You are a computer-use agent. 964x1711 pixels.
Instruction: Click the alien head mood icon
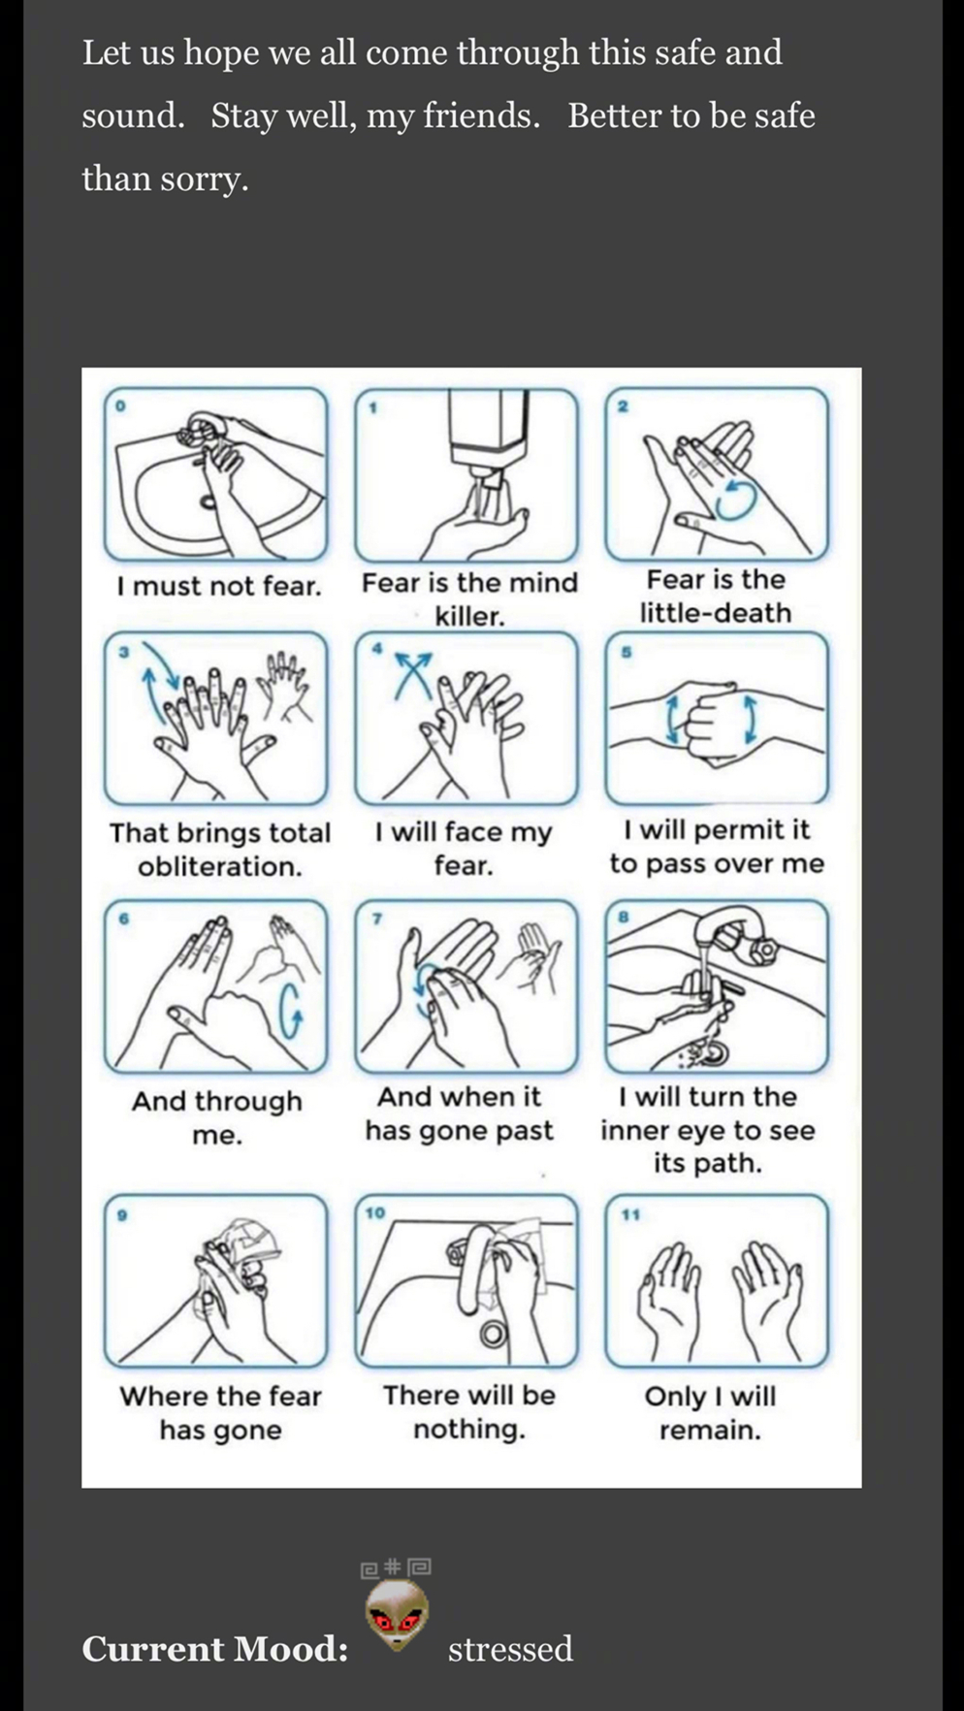pos(397,1614)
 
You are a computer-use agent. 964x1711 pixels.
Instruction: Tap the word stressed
pos(510,1649)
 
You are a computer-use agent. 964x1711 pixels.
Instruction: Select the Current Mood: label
pos(214,1648)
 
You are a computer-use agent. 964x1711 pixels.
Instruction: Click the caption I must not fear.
pos(218,586)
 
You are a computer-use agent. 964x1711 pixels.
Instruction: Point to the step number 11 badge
pos(630,1213)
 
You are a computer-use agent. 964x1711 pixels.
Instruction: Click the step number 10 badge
pos(375,1212)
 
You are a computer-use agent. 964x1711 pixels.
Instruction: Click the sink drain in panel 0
pos(209,502)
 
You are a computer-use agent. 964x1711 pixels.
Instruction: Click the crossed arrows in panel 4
pos(413,673)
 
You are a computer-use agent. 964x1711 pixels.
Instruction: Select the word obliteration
pos(220,866)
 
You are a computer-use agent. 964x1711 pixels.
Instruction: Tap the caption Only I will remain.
pos(711,1412)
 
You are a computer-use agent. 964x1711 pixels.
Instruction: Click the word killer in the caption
pos(469,616)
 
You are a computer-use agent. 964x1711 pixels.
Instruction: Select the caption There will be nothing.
pos(469,1411)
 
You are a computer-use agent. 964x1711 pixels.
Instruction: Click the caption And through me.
pos(217,1117)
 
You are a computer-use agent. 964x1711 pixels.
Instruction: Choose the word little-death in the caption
pos(716,613)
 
